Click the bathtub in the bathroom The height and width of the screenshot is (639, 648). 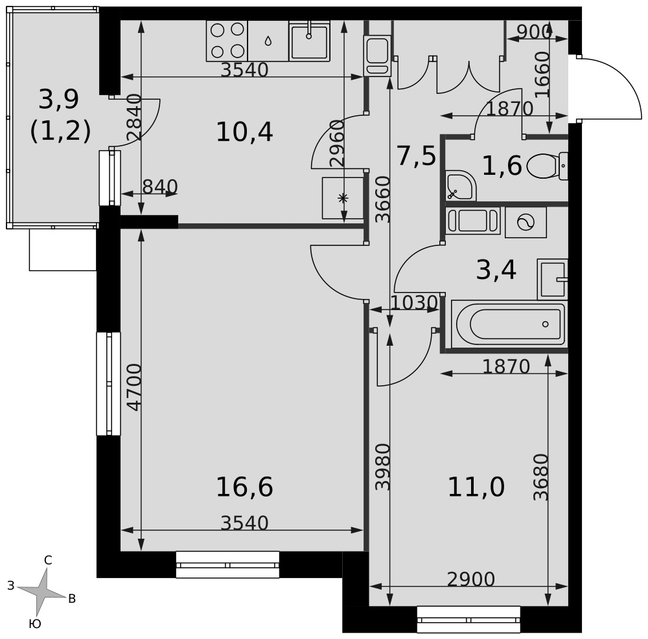[509, 324]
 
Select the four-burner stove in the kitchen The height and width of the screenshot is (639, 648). [227, 41]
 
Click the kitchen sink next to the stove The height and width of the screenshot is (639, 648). [309, 41]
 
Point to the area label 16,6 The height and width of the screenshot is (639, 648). [244, 487]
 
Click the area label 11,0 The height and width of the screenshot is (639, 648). [476, 487]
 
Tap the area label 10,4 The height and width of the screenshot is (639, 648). [244, 133]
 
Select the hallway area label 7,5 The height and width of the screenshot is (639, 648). [416, 157]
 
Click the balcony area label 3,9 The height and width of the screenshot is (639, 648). [59, 100]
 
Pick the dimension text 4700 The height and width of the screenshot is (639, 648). [135, 387]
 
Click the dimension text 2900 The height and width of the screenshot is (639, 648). [470, 579]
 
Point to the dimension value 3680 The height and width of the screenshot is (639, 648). [540, 477]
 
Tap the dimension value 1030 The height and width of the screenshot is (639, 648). [413, 303]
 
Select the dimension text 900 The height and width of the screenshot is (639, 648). [535, 32]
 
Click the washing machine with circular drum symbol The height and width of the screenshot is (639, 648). [526, 223]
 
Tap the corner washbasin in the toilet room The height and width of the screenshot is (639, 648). [461, 185]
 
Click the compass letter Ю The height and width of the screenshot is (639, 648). [35, 624]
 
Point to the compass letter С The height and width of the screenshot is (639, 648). [48, 560]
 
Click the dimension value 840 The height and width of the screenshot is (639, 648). [160, 187]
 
